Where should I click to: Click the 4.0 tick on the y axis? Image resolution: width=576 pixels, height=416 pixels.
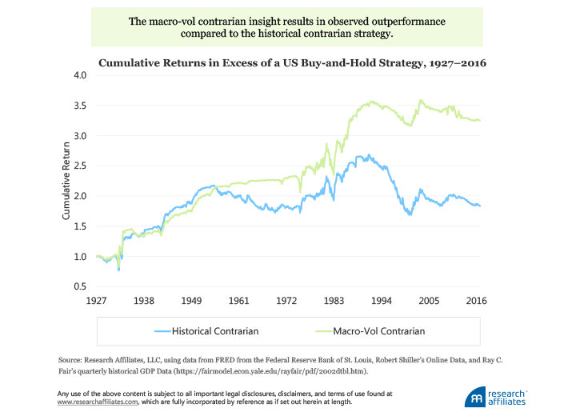78,75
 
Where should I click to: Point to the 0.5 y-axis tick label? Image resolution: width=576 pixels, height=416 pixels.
78,286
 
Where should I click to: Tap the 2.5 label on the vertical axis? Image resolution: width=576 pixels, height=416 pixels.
78,166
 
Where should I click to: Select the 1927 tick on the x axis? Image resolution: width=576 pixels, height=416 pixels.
96,301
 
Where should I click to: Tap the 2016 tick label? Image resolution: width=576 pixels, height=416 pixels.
477,301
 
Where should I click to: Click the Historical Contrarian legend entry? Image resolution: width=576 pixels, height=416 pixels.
210,330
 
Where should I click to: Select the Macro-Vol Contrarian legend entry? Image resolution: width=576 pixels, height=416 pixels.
373,330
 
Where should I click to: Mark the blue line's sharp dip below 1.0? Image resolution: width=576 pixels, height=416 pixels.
118,270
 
